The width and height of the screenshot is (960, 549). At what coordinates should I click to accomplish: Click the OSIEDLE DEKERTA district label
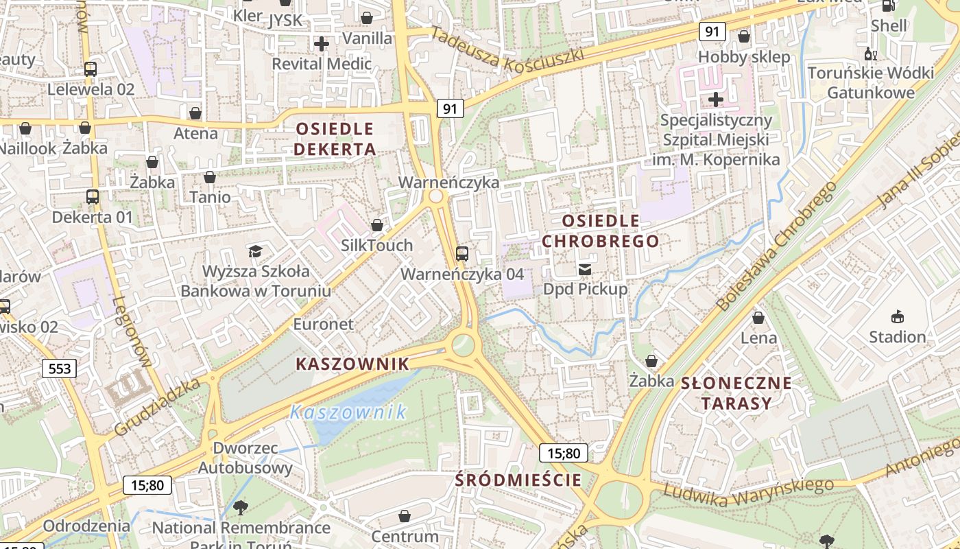(x=335, y=139)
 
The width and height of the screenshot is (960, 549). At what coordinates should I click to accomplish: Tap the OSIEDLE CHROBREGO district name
(x=600, y=231)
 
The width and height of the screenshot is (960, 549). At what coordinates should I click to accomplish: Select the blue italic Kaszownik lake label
(x=348, y=412)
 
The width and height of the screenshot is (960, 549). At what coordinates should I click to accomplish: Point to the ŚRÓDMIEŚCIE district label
(x=518, y=480)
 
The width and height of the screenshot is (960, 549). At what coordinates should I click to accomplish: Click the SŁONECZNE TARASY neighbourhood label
(x=736, y=393)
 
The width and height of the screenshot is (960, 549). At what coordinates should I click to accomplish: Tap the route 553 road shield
(x=60, y=369)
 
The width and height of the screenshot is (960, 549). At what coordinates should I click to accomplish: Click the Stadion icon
(x=897, y=316)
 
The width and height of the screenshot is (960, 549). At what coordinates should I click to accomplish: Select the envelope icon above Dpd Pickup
(x=585, y=269)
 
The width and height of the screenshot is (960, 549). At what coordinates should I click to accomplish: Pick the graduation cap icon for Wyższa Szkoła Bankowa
(x=255, y=251)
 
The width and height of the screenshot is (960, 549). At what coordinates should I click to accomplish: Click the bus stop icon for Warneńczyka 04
(x=462, y=254)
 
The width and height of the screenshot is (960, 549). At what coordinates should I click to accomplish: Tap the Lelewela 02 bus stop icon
(x=91, y=69)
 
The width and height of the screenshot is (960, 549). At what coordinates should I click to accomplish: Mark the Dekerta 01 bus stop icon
(x=93, y=197)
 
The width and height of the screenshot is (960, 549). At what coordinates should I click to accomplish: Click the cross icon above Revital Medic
(x=321, y=45)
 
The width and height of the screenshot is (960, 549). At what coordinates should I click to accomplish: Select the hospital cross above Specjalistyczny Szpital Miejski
(x=715, y=100)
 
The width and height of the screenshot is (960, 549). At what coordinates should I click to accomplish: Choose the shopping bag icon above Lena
(x=758, y=318)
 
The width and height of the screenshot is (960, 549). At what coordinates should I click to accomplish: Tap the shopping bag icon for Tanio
(x=210, y=177)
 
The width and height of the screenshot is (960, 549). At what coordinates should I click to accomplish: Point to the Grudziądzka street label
(x=158, y=406)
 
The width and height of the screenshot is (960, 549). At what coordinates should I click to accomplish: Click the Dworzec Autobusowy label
(x=245, y=458)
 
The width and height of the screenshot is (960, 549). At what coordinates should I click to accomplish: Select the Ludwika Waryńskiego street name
(x=748, y=493)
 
